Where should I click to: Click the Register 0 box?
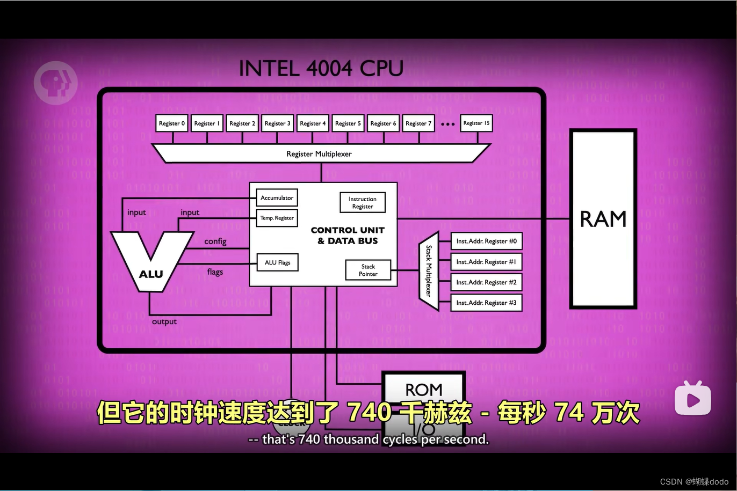(172, 123)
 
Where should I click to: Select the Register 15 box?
(476, 123)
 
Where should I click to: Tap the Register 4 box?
(313, 123)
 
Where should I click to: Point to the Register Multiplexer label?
(319, 154)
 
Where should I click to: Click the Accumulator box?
(277, 198)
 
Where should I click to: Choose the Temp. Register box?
(277, 218)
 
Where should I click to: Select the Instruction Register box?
(363, 203)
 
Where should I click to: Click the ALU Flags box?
(277, 262)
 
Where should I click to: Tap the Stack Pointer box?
(368, 270)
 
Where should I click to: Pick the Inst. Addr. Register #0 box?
(486, 241)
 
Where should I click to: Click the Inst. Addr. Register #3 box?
(486, 303)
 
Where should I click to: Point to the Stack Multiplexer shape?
(429, 271)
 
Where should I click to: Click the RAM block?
(603, 219)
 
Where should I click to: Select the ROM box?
(423, 389)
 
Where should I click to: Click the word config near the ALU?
(215, 241)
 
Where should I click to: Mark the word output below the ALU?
(164, 321)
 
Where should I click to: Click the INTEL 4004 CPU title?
(321, 69)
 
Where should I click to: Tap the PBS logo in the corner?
(55, 83)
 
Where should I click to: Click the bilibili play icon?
(693, 398)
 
